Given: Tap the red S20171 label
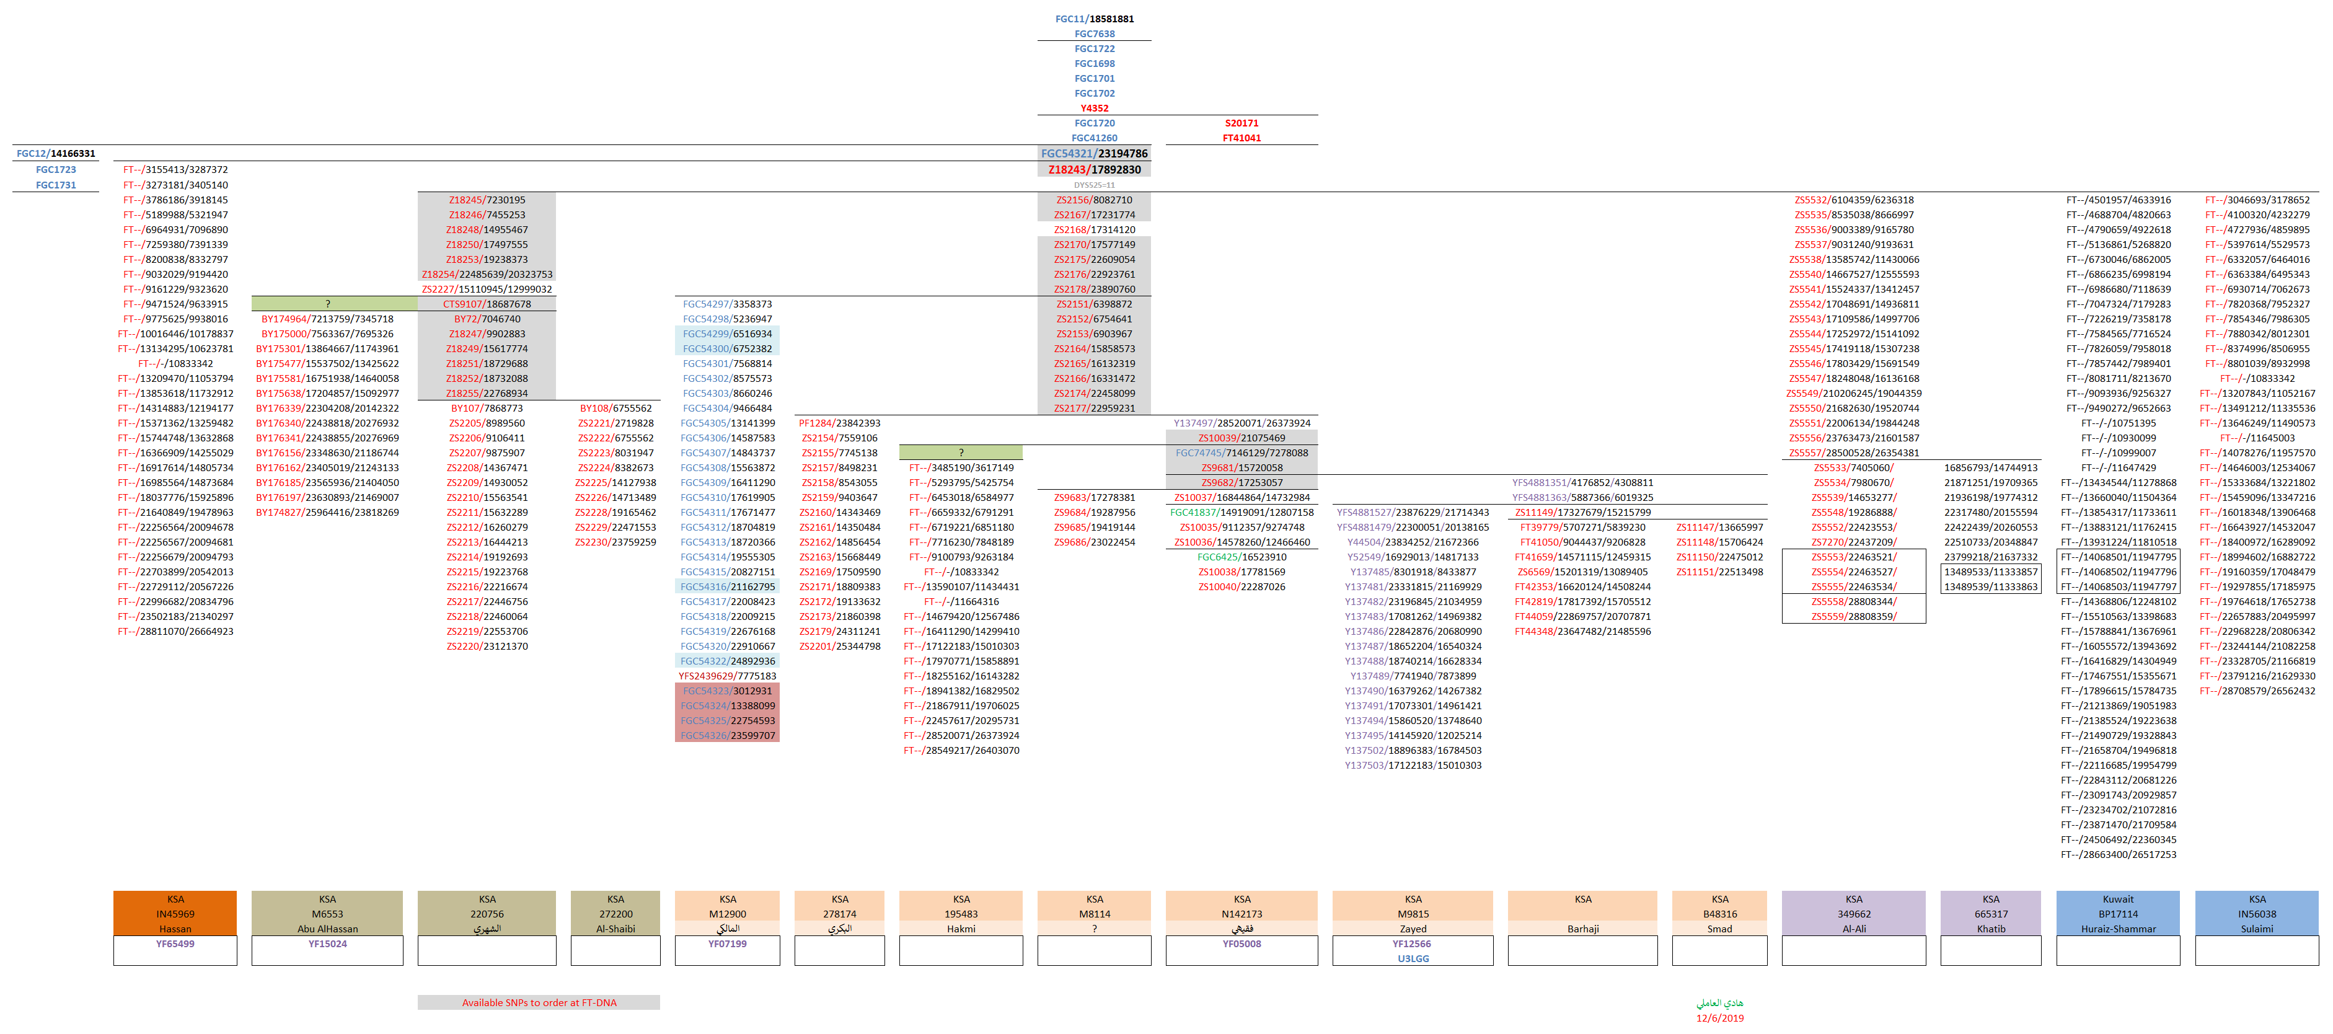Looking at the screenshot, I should [x=1241, y=123].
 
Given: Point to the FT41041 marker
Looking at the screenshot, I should [x=1241, y=138].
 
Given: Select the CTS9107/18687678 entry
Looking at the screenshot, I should [x=487, y=304].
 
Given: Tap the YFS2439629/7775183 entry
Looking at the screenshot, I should [x=727, y=676].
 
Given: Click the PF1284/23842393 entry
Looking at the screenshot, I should [x=840, y=423].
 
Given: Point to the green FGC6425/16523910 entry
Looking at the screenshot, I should [x=1241, y=557].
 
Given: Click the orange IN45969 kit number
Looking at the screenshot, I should [x=175, y=914].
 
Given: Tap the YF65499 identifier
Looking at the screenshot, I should [x=175, y=943].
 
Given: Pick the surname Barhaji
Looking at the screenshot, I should [x=1582, y=929].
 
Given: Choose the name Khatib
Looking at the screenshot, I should [x=1991, y=929].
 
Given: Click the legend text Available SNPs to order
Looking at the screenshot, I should [x=539, y=1003].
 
